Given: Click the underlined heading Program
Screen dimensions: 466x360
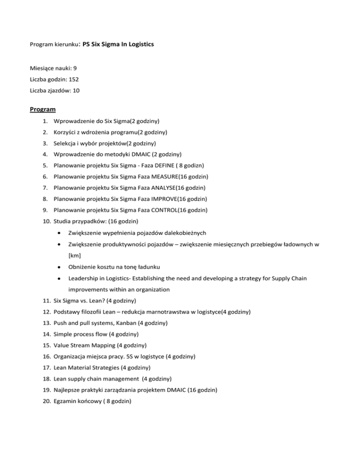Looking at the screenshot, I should coord(43,109).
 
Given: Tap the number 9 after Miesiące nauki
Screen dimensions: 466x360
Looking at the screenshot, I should coord(75,68).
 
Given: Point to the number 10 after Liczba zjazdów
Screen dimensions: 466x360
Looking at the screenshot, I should coord(76,91).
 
